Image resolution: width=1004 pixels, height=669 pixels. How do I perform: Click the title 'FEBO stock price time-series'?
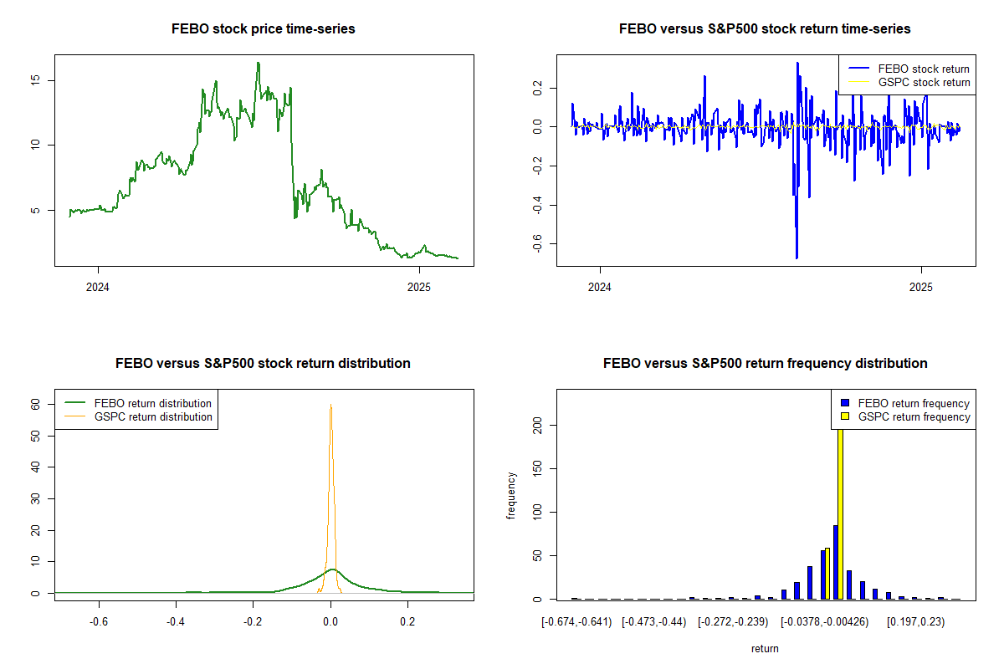pos(263,29)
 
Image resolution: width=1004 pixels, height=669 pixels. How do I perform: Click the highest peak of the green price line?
pos(258,64)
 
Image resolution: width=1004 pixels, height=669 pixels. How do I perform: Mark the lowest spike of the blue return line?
pos(797,257)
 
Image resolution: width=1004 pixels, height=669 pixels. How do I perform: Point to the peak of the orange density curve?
pos(330,406)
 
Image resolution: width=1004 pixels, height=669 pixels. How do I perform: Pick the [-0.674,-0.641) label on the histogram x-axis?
pos(576,623)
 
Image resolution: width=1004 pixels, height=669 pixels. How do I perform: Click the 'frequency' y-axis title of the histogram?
pos(511,495)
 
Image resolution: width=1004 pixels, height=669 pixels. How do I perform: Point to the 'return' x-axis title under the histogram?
pos(765,648)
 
